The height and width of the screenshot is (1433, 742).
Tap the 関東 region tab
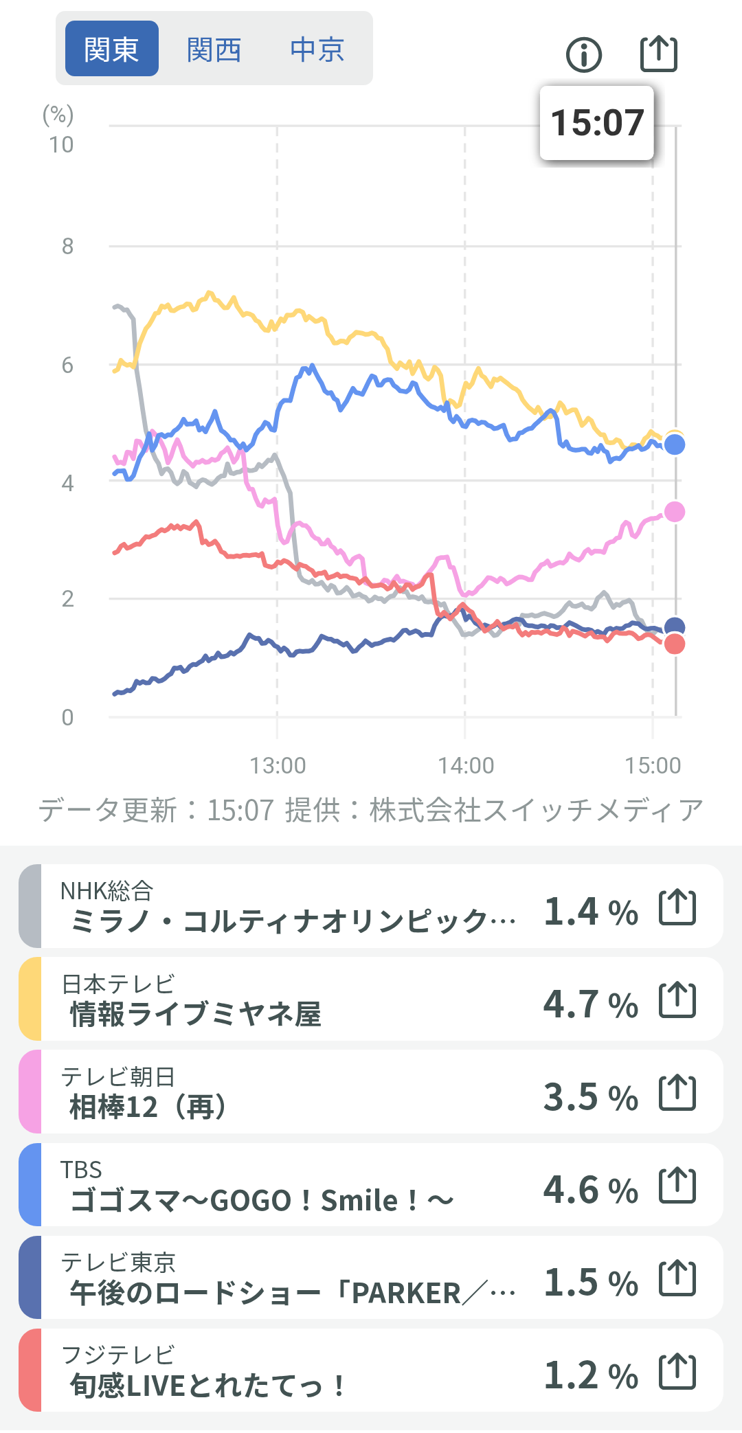point(111,49)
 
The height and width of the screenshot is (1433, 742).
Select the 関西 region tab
point(214,49)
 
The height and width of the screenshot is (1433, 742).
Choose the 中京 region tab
point(317,49)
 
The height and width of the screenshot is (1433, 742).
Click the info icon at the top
point(584,54)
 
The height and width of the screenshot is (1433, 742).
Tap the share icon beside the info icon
point(658,54)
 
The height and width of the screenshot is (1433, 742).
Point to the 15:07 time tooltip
point(596,123)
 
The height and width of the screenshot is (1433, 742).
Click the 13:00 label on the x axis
point(278,765)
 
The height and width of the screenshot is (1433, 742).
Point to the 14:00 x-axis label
point(466,765)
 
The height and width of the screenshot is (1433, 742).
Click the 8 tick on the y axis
point(67,246)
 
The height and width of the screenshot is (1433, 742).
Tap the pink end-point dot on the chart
point(675,512)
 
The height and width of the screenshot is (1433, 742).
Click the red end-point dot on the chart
point(675,644)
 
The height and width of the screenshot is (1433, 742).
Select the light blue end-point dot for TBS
point(675,445)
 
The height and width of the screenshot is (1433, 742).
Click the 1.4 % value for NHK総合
point(591,912)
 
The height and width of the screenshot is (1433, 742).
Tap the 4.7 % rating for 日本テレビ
point(591,1004)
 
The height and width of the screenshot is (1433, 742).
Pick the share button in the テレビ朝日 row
point(677,1092)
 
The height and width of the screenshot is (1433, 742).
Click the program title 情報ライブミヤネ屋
point(196,1014)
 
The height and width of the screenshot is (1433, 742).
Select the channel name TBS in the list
point(81,1169)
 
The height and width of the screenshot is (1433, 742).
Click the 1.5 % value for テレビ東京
point(591,1283)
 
